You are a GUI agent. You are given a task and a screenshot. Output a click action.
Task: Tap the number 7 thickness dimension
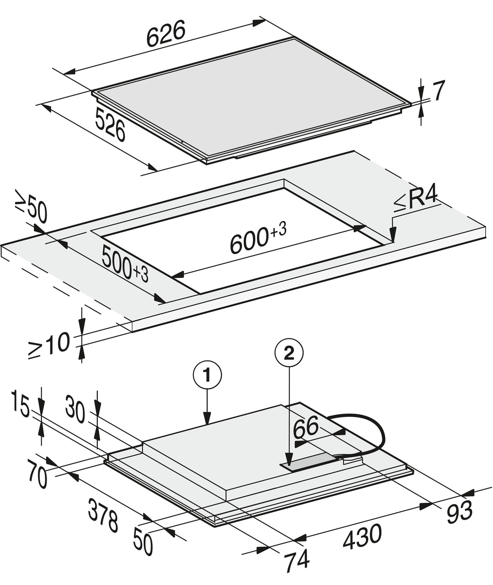pos(438,91)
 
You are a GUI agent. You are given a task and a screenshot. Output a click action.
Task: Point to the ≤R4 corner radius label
pos(416,202)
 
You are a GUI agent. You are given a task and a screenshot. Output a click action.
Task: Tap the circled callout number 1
pos(207,375)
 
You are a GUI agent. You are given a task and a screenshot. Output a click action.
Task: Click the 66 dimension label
pos(306,427)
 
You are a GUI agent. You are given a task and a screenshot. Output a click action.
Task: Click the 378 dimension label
pos(103,516)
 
